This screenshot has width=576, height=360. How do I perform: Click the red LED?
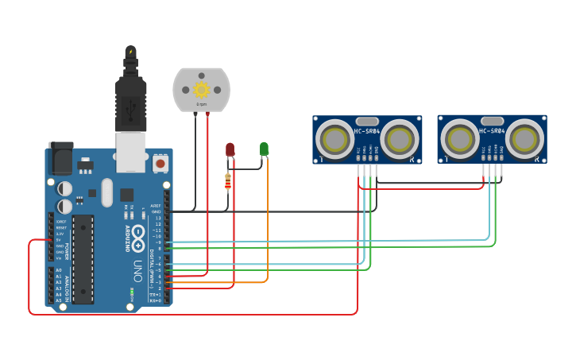click(230, 149)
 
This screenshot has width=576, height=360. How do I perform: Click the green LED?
click(264, 149)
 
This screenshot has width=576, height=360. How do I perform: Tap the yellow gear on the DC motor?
click(202, 90)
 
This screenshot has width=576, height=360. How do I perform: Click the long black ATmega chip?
click(83, 258)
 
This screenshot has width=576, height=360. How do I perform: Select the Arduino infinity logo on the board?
click(138, 234)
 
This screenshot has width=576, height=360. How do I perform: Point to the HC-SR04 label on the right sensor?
click(492, 130)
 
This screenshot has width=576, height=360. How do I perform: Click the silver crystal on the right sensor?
click(492, 119)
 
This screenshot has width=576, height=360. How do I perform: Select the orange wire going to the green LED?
click(267, 230)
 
